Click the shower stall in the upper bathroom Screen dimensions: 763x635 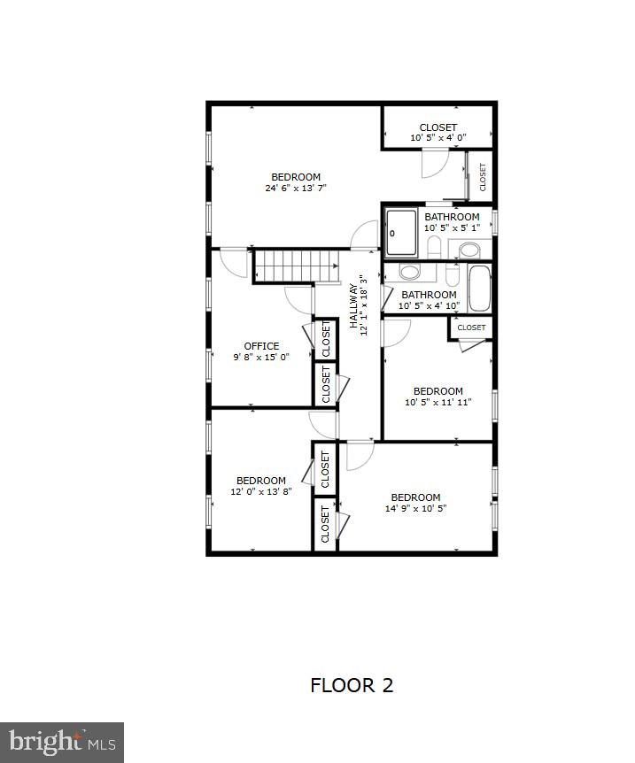click(x=401, y=233)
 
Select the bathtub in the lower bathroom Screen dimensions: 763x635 click(x=479, y=289)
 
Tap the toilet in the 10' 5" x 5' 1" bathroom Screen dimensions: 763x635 click(x=434, y=247)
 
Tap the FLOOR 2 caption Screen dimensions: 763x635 click(x=352, y=684)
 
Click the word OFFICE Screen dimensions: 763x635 click(x=261, y=346)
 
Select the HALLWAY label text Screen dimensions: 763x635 click(x=352, y=305)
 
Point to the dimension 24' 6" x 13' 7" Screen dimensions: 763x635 click(x=296, y=188)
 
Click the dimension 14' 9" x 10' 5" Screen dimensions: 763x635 click(x=415, y=509)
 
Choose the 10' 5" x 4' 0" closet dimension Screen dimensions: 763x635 click(x=438, y=138)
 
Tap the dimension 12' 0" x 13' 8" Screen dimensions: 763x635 click(x=261, y=492)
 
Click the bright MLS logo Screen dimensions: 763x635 click(x=62, y=742)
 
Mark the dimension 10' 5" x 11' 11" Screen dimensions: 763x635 click(x=438, y=402)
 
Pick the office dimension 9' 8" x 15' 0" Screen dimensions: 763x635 click(x=261, y=358)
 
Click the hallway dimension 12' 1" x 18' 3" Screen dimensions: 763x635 click(x=364, y=305)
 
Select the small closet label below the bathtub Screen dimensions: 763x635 click(x=472, y=328)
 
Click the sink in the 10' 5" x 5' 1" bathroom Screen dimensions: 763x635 click(x=469, y=249)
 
